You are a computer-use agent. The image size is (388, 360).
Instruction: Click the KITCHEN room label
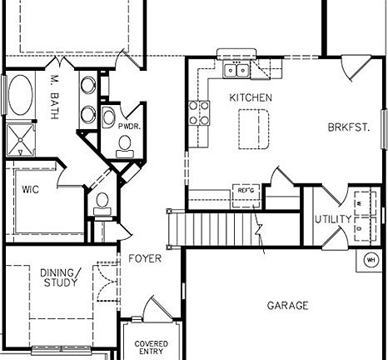(x=251, y=97)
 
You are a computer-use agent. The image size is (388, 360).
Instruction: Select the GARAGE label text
(x=287, y=306)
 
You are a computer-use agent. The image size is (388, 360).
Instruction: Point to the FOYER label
(x=144, y=259)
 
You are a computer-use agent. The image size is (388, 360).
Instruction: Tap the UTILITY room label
(x=332, y=219)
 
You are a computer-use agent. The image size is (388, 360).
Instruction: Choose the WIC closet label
(x=30, y=189)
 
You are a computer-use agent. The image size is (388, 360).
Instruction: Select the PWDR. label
(x=116, y=124)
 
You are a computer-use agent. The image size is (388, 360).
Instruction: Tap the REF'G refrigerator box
(x=246, y=191)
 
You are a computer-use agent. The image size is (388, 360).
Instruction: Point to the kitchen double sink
(x=236, y=69)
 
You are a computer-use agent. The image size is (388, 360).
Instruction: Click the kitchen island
(x=255, y=126)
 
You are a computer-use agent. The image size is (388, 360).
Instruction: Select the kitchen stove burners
(x=198, y=112)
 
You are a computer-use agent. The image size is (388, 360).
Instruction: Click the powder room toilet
(x=126, y=145)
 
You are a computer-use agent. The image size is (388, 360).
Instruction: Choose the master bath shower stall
(x=19, y=138)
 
